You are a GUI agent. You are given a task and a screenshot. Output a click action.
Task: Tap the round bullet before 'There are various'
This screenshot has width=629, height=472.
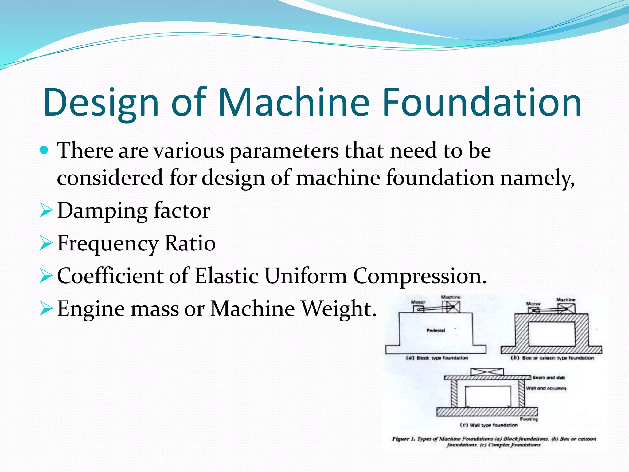click(44, 150)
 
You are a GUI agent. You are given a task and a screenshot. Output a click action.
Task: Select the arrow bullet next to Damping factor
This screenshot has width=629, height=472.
click(46, 211)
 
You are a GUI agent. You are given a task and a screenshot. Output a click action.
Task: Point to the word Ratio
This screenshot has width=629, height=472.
click(190, 243)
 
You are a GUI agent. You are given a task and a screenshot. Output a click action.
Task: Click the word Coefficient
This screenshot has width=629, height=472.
click(110, 276)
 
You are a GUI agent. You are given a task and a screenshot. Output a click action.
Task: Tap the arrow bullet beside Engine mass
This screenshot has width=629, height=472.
click(46, 309)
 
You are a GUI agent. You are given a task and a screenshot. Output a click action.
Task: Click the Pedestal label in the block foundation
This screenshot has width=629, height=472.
click(436, 331)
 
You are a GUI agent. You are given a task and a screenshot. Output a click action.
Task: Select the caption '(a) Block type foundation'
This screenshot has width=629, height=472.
click(437, 358)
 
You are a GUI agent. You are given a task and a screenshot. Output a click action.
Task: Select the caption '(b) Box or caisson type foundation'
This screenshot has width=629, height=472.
click(552, 358)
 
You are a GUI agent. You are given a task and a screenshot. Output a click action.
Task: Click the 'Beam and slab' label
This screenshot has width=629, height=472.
click(549, 377)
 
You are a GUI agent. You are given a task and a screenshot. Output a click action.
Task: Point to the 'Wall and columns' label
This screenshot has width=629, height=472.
click(546, 388)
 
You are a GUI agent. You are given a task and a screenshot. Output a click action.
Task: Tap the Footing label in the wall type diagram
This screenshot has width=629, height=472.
click(529, 419)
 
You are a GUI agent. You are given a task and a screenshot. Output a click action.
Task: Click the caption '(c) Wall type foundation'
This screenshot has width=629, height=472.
click(489, 425)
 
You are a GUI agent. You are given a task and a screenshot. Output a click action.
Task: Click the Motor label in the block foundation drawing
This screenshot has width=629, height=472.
click(418, 302)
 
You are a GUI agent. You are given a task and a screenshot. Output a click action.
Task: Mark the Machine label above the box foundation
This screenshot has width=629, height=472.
click(566, 300)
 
